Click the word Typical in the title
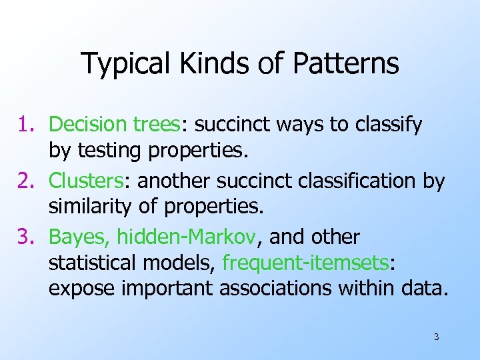click(x=125, y=64)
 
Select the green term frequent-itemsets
click(x=305, y=263)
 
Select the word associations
click(x=295, y=289)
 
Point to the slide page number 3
click(x=436, y=337)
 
